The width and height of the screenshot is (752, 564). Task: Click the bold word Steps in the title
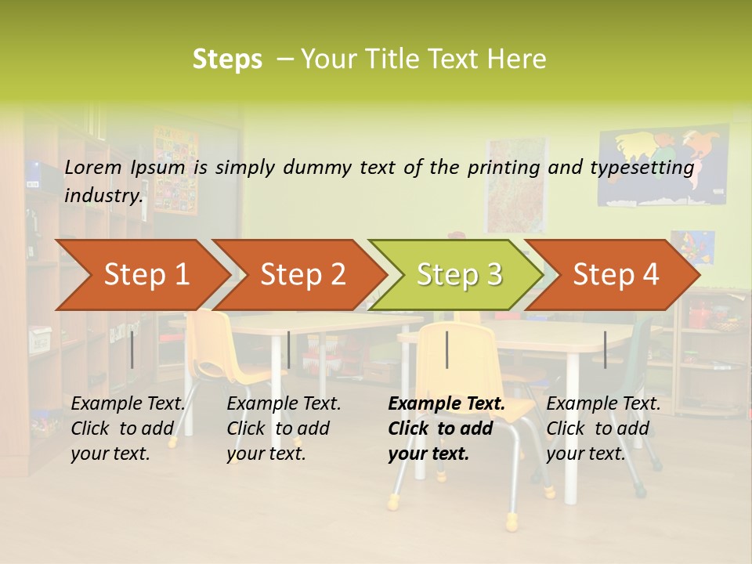pos(227,60)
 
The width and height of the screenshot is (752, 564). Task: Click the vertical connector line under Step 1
pos(132,349)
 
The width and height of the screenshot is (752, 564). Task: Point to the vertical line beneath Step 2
pos(289,349)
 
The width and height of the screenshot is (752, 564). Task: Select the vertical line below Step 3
pos(446,349)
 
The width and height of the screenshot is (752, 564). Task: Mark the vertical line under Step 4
pos(605,349)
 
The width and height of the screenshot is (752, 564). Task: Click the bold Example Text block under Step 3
pos(446,428)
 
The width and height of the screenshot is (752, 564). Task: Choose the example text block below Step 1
pos(128,428)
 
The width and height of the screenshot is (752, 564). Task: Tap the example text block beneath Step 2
pos(284,428)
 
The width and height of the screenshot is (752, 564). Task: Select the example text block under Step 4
pos(603,428)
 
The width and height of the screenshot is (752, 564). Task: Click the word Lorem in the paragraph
pos(92,167)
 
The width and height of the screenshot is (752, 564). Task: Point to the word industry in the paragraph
pos(103,195)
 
